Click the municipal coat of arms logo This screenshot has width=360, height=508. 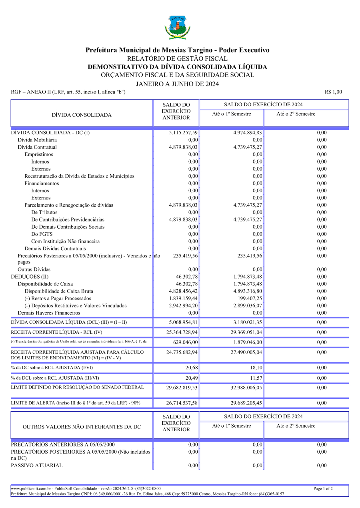(177, 28)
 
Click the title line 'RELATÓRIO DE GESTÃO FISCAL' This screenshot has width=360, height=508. (177, 59)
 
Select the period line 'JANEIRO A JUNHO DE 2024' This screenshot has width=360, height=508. (177, 84)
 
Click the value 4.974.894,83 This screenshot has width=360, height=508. (248, 133)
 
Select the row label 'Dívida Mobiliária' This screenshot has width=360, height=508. (37, 140)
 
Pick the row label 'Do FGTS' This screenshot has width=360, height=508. (42, 234)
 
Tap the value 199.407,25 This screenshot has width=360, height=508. (250, 298)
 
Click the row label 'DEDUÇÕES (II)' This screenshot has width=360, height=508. (30, 277)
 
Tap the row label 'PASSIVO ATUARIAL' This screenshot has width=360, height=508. (37, 465)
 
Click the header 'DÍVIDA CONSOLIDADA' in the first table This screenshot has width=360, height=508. (82, 115)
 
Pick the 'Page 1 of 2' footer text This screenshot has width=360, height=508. (323, 488)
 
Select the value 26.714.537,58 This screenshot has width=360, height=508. (182, 403)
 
